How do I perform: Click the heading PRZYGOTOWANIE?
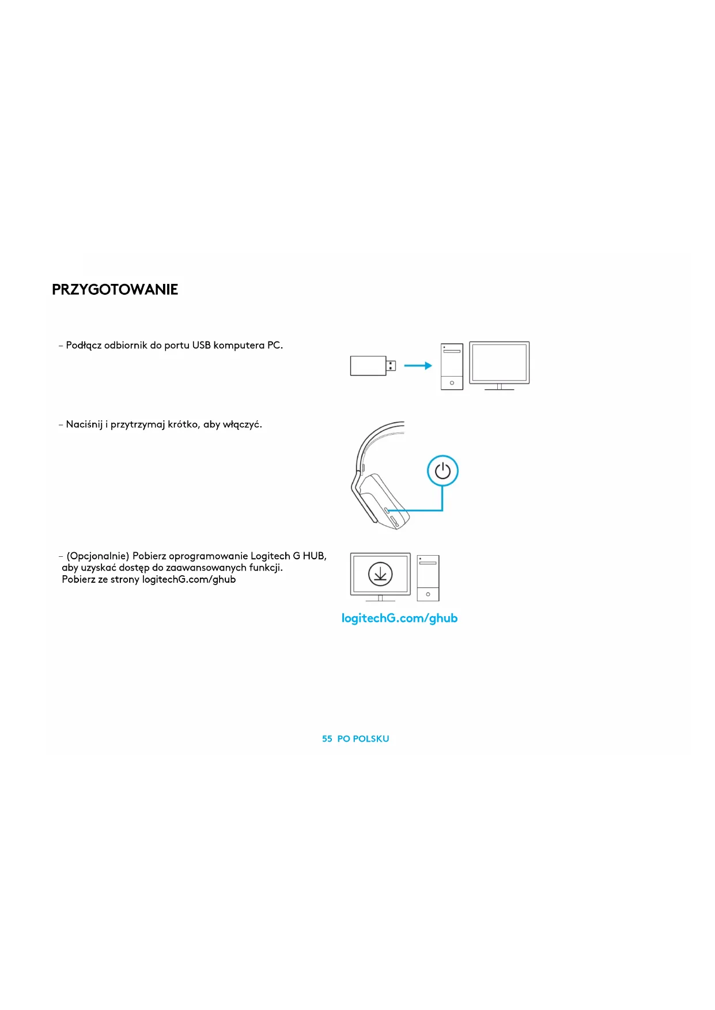click(x=115, y=290)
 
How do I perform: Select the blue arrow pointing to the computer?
click(x=418, y=366)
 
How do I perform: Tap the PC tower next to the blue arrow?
click(x=452, y=366)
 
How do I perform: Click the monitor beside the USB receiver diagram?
click(x=499, y=364)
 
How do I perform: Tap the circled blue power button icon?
click(x=442, y=471)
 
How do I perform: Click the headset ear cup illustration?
click(x=383, y=500)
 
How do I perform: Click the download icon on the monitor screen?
click(x=380, y=575)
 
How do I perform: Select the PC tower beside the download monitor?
click(x=428, y=578)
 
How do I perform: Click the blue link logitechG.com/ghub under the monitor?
click(x=399, y=618)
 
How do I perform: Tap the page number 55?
click(x=327, y=739)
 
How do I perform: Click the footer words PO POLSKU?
click(x=363, y=739)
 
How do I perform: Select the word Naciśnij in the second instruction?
click(x=84, y=424)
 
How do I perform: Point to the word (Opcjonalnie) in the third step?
click(x=98, y=556)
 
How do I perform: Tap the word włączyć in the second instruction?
click(x=242, y=424)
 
